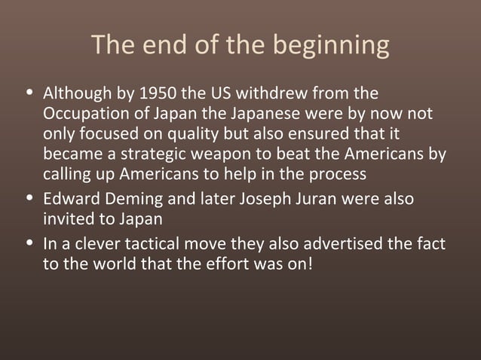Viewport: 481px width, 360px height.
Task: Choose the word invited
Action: tap(69, 221)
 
